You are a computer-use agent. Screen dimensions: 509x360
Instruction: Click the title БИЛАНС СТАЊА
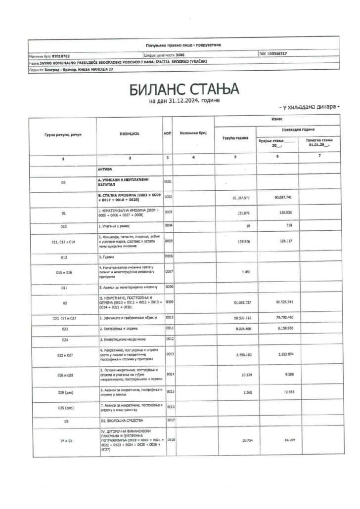pyautogui.click(x=184, y=89)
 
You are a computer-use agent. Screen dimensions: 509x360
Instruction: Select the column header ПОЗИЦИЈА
pyautogui.click(x=129, y=134)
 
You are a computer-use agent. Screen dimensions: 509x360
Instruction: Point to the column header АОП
pyautogui.click(x=168, y=134)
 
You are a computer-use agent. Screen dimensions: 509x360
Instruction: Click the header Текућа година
pyautogui.click(x=235, y=138)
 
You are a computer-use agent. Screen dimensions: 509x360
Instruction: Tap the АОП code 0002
pyautogui.click(x=168, y=197)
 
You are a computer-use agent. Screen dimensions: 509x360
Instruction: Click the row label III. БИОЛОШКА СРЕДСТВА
pyautogui.click(x=120, y=421)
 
